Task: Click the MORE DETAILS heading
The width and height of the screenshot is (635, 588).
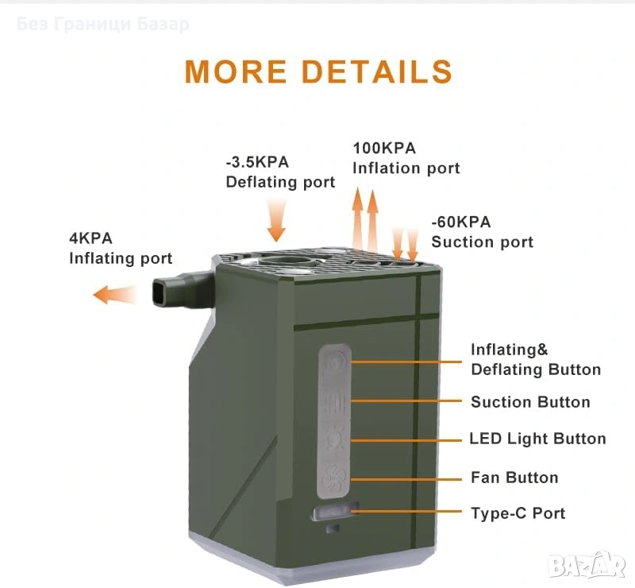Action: [318, 72]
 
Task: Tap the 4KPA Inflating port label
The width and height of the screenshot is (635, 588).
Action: [120, 248]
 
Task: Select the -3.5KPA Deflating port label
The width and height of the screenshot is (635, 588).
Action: [280, 172]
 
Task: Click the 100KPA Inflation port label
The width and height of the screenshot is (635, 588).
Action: [406, 158]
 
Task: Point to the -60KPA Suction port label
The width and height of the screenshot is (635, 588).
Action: [482, 232]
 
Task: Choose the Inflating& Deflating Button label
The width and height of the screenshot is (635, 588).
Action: [535, 359]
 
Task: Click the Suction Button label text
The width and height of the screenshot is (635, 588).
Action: [530, 402]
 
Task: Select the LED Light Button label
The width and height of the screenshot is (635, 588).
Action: [537, 439]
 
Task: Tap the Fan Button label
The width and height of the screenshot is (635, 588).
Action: [514, 478]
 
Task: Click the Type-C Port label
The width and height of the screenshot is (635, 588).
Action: [518, 513]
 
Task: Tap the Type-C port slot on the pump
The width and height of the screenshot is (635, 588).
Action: [335, 513]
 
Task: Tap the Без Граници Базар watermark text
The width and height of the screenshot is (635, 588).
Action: [102, 25]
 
